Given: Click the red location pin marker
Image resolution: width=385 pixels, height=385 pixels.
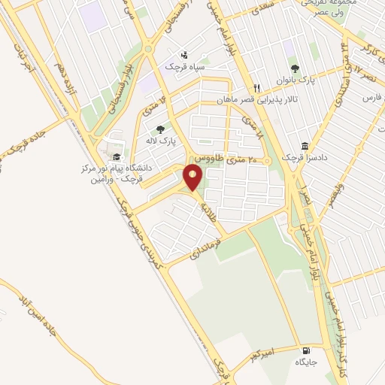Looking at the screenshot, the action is coord(193,177).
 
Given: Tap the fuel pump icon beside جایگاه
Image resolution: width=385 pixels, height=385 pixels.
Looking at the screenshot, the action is coord(305,351).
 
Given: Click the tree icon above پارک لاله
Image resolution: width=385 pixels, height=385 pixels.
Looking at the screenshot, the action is coord(159,129).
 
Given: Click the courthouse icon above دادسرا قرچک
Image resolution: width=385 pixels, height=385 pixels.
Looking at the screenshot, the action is coord(305,146).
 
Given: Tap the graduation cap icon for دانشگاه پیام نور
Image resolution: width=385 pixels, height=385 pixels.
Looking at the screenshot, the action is coord(116,156).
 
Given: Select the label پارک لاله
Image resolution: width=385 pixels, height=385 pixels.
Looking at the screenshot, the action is coord(159,141).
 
